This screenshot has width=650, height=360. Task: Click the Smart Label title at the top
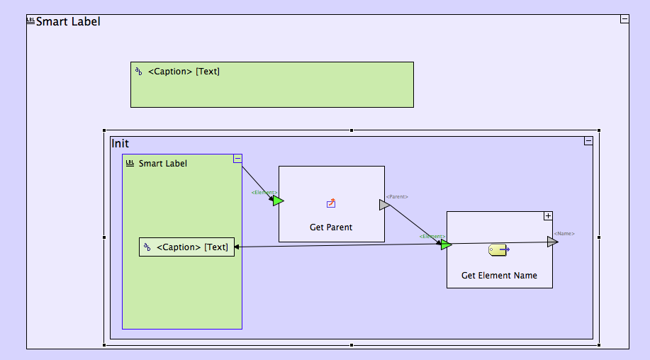(x=68, y=22)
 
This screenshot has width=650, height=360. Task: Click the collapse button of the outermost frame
(x=624, y=19)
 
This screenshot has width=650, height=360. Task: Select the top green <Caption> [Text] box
(x=271, y=84)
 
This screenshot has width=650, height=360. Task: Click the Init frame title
(x=121, y=144)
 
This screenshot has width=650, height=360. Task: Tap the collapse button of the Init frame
(x=588, y=141)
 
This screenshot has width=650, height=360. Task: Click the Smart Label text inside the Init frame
(x=162, y=164)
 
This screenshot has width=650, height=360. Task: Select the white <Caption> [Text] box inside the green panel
(x=186, y=247)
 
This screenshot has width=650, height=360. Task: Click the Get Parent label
(x=331, y=227)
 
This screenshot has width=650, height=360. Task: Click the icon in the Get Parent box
(x=331, y=203)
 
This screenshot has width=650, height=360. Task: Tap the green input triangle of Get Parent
(x=278, y=201)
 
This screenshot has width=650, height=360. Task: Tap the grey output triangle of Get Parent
(x=384, y=205)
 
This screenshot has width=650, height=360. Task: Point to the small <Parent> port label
(x=397, y=196)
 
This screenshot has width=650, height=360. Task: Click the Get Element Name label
(x=499, y=276)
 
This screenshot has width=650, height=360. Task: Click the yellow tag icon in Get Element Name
(x=498, y=250)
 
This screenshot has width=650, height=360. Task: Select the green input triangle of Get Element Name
(x=446, y=245)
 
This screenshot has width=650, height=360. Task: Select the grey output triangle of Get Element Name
(x=552, y=242)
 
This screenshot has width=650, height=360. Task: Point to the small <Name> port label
(x=564, y=233)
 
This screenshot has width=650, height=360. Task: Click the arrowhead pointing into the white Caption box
(x=237, y=247)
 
